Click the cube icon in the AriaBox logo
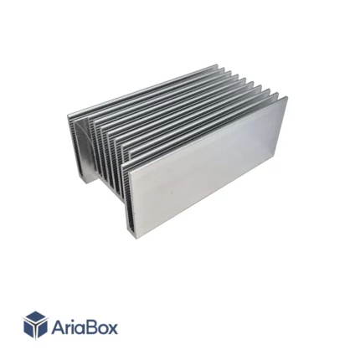35,325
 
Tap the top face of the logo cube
35,318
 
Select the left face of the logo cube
28,329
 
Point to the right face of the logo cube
41,329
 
